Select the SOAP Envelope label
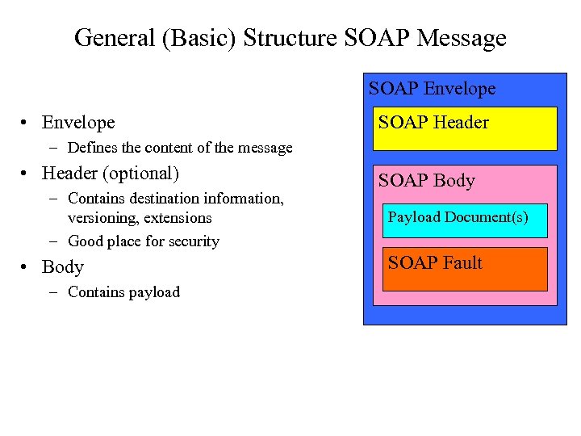click(432, 89)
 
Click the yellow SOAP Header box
click(464, 129)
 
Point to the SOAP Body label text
click(426, 181)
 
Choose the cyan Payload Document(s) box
click(464, 220)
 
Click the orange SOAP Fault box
click(464, 270)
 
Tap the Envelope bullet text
click(78, 123)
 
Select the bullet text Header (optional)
click(110, 174)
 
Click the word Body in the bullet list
click(63, 267)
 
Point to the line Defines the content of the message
click(180, 148)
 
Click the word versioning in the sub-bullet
click(102, 218)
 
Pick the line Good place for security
click(144, 241)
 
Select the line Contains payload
click(123, 292)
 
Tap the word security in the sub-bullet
click(194, 241)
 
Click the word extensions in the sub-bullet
click(178, 218)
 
